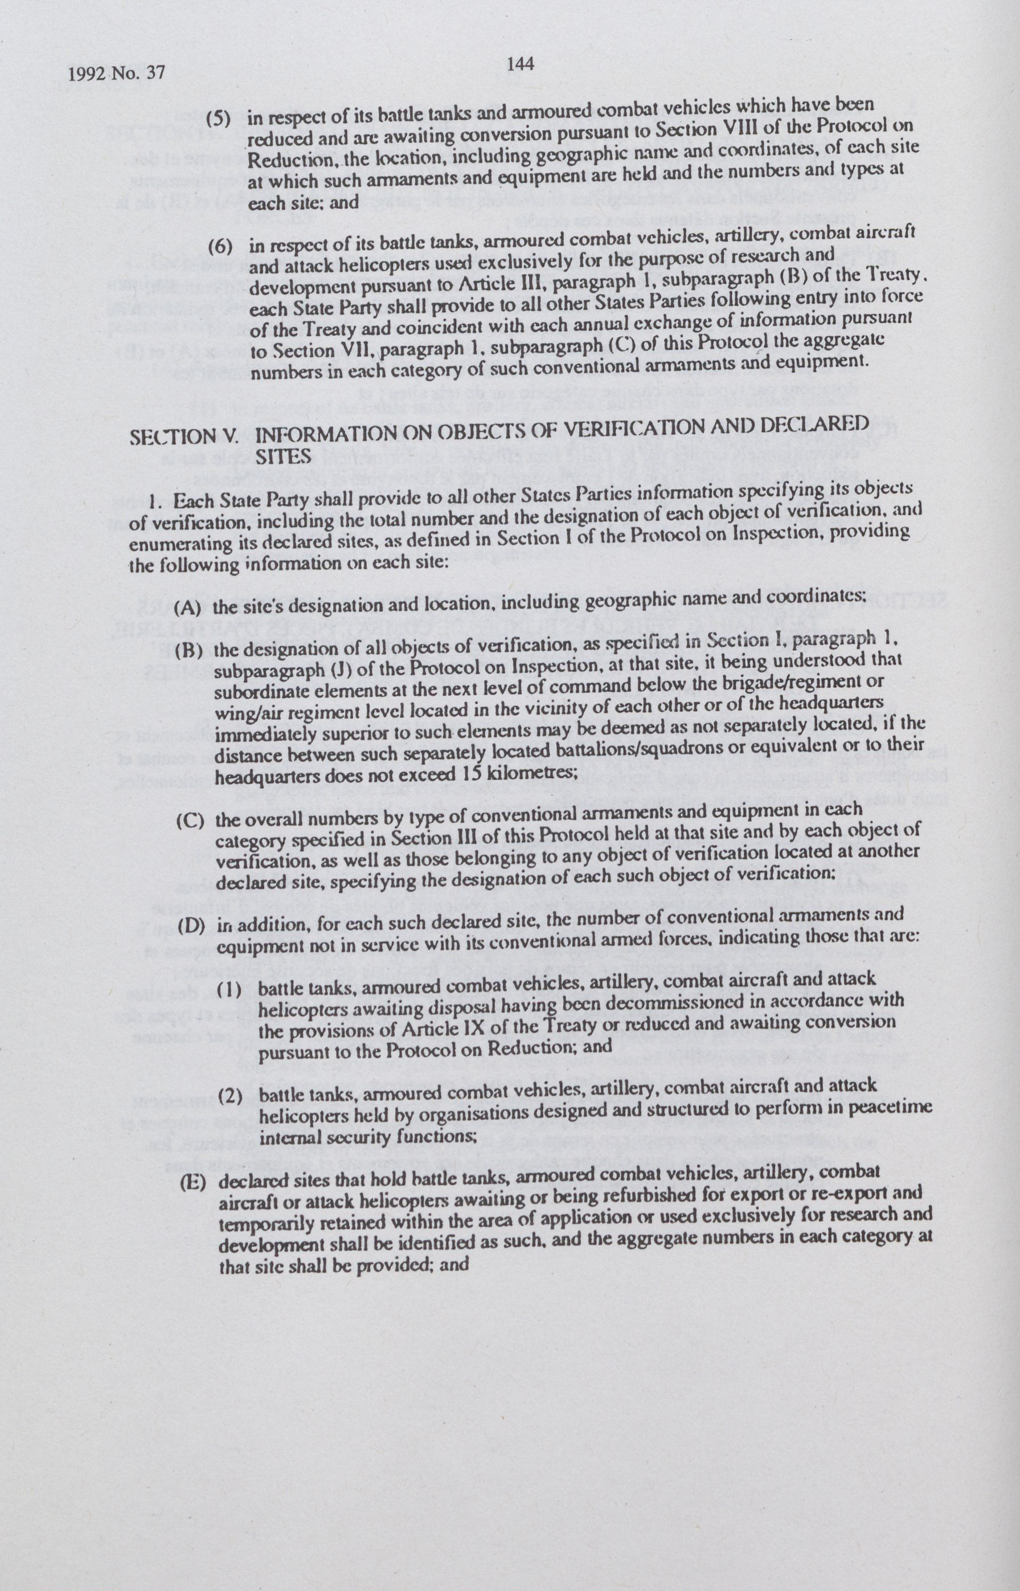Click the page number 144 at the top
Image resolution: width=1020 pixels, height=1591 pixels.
pos(520,64)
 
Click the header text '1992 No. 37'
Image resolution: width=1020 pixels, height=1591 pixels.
pos(117,73)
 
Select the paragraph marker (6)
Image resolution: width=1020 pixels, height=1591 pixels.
pos(220,247)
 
